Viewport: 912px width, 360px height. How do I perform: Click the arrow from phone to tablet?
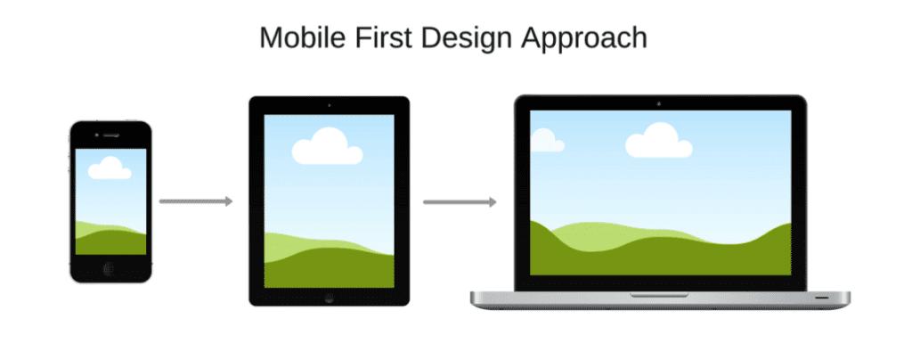[195, 201]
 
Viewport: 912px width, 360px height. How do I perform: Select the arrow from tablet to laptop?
[459, 202]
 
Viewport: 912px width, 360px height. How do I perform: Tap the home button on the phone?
[110, 267]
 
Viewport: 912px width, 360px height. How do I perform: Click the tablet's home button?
[329, 296]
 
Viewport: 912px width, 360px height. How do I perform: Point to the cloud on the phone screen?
[110, 168]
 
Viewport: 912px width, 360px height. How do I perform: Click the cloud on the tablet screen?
[327, 148]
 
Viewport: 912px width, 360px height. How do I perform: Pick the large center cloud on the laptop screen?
[659, 143]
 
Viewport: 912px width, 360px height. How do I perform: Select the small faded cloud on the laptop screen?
[545, 141]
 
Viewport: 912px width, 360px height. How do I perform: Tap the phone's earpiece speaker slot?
[110, 135]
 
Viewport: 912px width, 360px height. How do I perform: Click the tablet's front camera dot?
[329, 105]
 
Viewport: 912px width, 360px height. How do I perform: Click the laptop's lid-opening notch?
[659, 294]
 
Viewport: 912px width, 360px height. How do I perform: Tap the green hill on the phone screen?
[110, 241]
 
